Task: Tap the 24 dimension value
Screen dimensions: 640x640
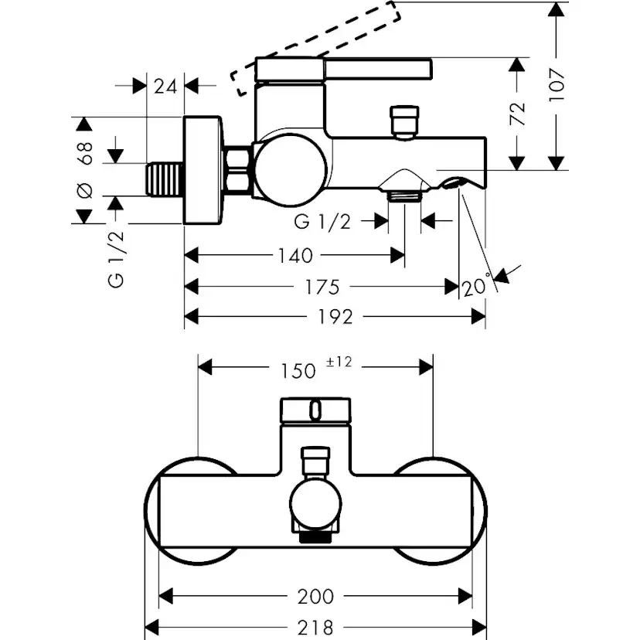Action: click(165, 86)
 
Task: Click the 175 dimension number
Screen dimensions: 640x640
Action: click(322, 287)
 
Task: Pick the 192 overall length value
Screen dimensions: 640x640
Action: click(335, 317)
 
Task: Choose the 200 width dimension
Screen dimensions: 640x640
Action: click(316, 596)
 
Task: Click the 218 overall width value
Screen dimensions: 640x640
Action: click(316, 627)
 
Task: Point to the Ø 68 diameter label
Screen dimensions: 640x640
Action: click(86, 169)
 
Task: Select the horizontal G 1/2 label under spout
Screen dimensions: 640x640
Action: click(322, 222)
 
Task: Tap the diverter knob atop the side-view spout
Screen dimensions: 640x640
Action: click(403, 121)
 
